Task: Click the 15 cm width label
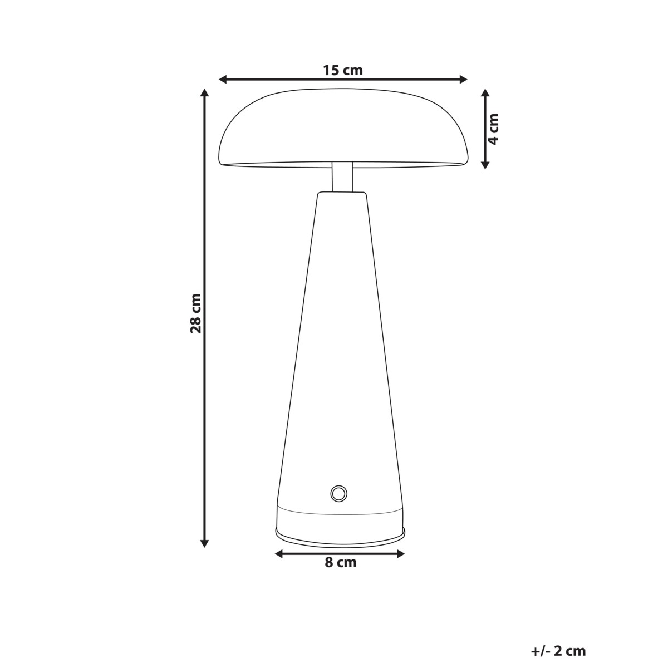pos(342,70)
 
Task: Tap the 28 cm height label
pos(195,313)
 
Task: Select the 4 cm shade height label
pos(493,129)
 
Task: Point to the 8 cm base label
pos(340,563)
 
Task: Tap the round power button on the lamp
pos(338,493)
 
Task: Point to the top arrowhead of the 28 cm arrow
pos(205,93)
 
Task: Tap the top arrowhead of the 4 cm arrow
pos(485,93)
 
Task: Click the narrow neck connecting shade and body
pos(342,177)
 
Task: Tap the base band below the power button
pos(340,518)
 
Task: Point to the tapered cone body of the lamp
pos(341,345)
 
